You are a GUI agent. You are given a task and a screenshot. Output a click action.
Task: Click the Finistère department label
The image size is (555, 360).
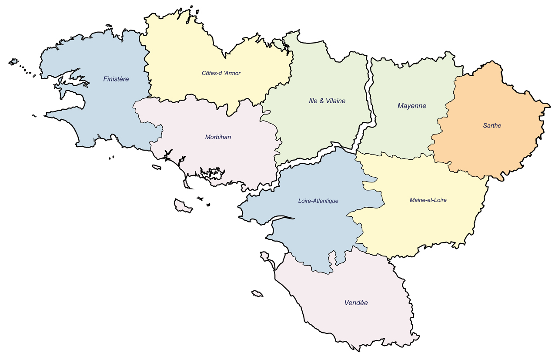click(116, 79)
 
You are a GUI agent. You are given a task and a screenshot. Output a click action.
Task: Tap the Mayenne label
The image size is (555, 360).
click(411, 106)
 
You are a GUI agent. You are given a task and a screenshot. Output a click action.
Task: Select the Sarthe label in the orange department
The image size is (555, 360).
click(492, 126)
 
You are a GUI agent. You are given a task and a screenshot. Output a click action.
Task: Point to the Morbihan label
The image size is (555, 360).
click(218, 137)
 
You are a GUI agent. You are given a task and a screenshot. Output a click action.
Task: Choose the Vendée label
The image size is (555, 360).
click(356, 303)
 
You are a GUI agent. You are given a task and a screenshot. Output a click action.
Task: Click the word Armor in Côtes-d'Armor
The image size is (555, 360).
click(231, 73)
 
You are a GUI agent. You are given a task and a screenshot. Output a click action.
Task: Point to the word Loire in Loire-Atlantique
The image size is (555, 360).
click(305, 201)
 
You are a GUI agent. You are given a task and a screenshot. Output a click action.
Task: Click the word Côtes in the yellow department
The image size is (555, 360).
click(209, 73)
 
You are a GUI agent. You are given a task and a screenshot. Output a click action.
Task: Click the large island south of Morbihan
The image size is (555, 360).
click(183, 205)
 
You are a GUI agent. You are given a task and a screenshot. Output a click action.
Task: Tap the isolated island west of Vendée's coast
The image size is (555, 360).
click(257, 294)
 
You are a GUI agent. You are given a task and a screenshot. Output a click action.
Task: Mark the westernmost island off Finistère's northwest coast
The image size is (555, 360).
click(13, 62)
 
